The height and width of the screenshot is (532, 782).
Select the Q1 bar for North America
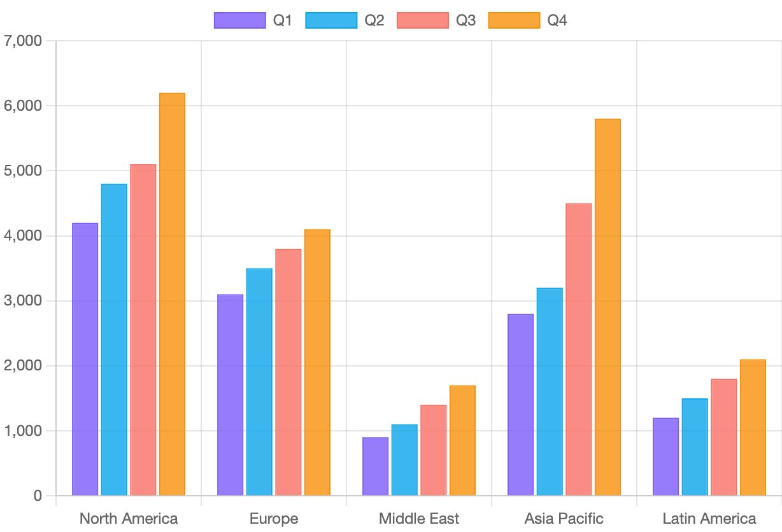85,359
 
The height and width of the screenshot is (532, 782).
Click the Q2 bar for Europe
259,382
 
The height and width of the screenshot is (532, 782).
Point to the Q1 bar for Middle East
376,466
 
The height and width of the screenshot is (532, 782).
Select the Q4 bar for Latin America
753,427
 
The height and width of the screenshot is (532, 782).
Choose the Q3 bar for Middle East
434,450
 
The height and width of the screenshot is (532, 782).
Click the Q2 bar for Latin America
695,447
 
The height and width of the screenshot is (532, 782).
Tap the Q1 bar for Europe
231,395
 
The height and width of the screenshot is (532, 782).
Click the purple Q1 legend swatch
239,20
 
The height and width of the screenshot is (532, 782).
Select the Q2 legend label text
374,20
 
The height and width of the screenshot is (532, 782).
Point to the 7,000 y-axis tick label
23,41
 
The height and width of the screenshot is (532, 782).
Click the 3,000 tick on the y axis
23,301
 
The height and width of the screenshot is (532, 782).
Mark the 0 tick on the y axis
38,496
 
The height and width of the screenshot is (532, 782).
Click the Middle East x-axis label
419,519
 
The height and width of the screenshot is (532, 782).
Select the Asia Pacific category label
564,519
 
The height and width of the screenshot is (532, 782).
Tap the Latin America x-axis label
709,519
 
